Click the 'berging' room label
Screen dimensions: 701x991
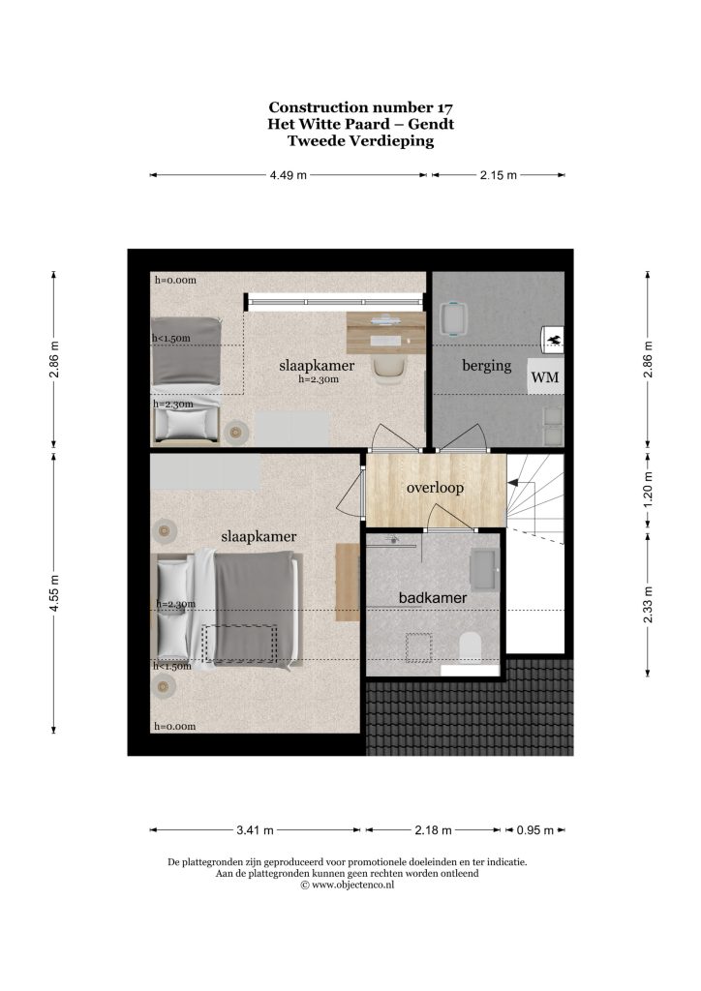click(486, 365)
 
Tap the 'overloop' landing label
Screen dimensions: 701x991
click(435, 488)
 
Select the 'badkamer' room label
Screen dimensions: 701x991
click(433, 597)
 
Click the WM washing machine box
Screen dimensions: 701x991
click(545, 377)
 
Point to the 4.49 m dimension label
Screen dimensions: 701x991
click(289, 175)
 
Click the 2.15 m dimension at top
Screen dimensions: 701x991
click(498, 175)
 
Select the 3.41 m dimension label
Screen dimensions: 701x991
click(255, 829)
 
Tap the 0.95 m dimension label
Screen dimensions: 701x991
click(534, 829)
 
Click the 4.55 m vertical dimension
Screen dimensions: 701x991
click(54, 592)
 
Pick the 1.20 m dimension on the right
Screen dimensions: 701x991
click(648, 489)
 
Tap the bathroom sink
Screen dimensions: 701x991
click(485, 569)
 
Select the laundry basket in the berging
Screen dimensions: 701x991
click(452, 319)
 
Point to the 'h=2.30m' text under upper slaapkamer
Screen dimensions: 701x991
click(319, 379)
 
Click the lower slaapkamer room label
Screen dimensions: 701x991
click(259, 536)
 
